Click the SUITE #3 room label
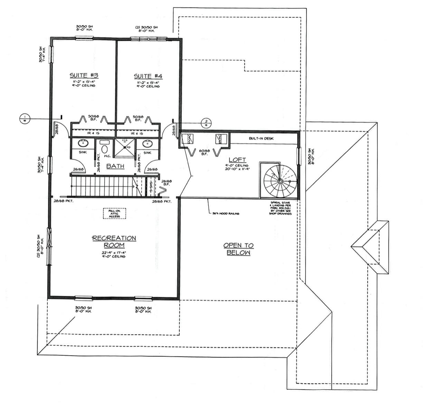coord(84,75)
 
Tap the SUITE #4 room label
coord(148,76)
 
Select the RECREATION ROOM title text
coord(114,242)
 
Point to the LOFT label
coord(238,159)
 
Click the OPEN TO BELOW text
coord(238,249)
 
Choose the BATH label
coord(115,166)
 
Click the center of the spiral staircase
coord(280,181)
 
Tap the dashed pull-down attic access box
coord(114,213)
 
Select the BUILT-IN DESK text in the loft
coord(261,138)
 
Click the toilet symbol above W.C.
coord(104,148)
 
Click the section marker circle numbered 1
coord(25,119)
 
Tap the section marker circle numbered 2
coord(206,123)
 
